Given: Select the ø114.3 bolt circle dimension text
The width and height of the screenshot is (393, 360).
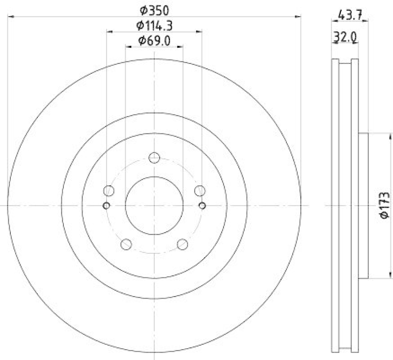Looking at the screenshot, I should click(x=154, y=25).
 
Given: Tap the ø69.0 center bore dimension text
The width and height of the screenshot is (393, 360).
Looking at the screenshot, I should click(x=154, y=41).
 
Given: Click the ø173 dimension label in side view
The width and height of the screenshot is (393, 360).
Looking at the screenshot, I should click(x=385, y=205).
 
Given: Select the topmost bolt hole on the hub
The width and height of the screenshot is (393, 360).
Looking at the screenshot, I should click(x=154, y=157).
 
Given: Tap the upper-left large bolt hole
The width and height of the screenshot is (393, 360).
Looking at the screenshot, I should click(x=109, y=191).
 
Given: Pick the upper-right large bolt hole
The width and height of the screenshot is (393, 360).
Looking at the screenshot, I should click(x=199, y=191).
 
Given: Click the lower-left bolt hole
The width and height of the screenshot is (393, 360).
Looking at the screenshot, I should click(x=126, y=243).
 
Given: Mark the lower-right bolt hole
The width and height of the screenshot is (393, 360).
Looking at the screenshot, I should click(x=182, y=243).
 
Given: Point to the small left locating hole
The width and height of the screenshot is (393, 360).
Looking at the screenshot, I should click(x=106, y=205).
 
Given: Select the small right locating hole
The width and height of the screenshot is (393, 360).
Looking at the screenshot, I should click(x=202, y=205).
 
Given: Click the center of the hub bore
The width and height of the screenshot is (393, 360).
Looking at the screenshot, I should click(x=154, y=205).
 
